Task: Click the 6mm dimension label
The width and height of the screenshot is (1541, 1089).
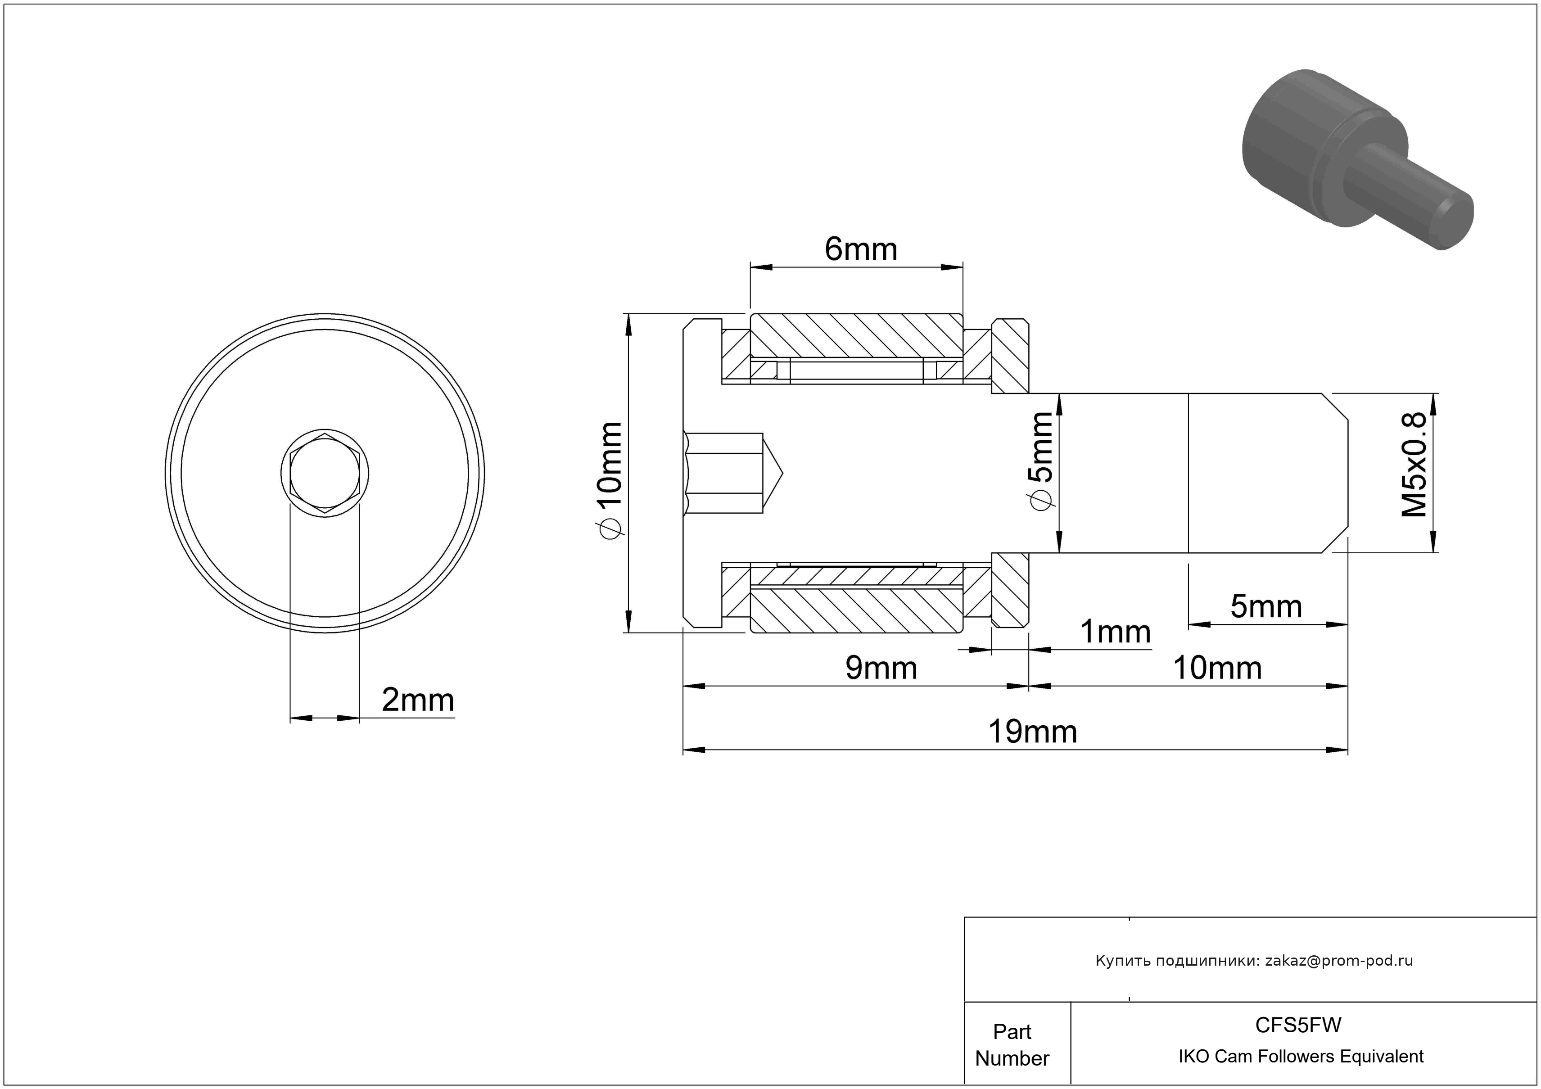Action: (x=860, y=249)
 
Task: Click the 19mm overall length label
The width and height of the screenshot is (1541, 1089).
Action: (x=1032, y=732)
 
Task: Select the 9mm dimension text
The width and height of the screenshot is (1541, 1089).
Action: (x=881, y=668)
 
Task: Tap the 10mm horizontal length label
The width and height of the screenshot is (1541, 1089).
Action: (x=1217, y=668)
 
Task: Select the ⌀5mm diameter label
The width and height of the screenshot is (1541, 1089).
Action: (x=1040, y=461)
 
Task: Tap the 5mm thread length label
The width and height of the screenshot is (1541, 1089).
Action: (x=1266, y=606)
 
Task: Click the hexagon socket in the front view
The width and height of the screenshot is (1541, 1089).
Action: (x=325, y=473)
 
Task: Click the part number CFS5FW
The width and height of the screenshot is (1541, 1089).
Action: (x=1298, y=1025)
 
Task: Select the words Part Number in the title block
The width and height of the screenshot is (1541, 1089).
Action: (x=1012, y=1045)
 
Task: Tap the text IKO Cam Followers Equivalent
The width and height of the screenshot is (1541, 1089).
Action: (x=1301, y=1057)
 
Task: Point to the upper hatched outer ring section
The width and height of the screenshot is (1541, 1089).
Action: (x=856, y=335)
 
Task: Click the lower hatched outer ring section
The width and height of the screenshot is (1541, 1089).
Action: (x=856, y=610)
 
